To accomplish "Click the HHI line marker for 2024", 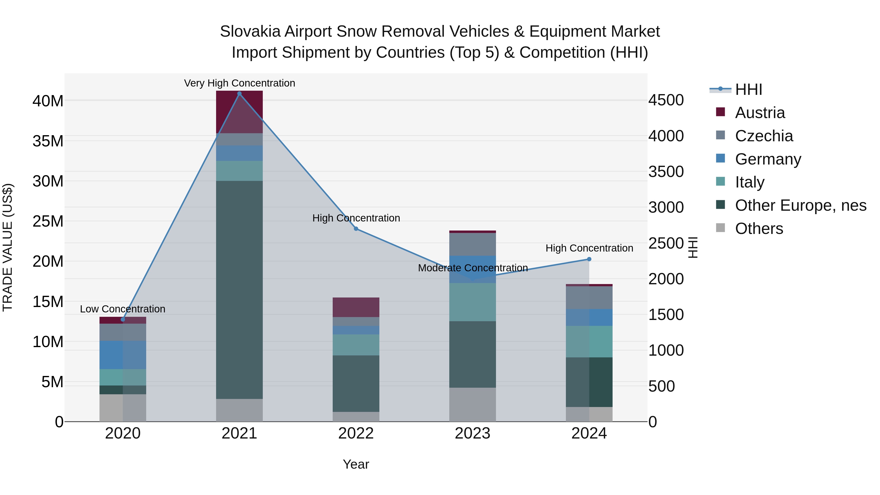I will (x=589, y=259).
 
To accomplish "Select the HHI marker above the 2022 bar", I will (x=356, y=229).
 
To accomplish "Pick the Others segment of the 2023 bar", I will (x=473, y=405).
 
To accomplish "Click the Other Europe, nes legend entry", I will (x=800, y=205).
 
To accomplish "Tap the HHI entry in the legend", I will (x=748, y=89).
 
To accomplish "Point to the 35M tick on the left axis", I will (x=48, y=141).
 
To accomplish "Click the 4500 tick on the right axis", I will (x=666, y=100).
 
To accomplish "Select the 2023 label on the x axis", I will (x=473, y=433).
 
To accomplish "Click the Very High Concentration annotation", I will (x=240, y=83).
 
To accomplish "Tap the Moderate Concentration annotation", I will (x=473, y=268).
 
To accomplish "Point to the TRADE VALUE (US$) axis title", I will (x=8, y=247).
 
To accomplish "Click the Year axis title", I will (x=356, y=464).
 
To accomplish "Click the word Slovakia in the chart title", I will (x=250, y=32).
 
